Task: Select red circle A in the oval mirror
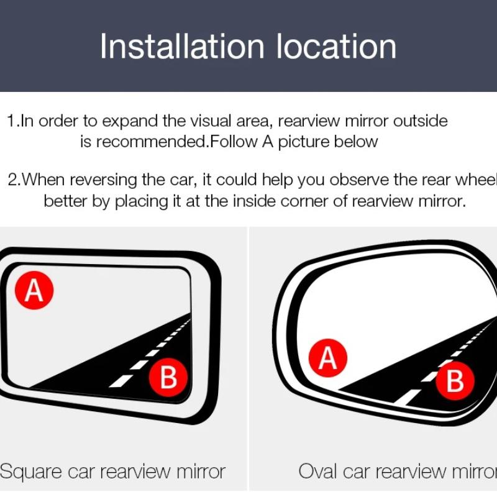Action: [x=327, y=358]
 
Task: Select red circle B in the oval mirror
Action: [x=455, y=381]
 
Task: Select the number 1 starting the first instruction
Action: [x=11, y=121]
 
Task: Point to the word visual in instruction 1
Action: [x=198, y=121]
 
